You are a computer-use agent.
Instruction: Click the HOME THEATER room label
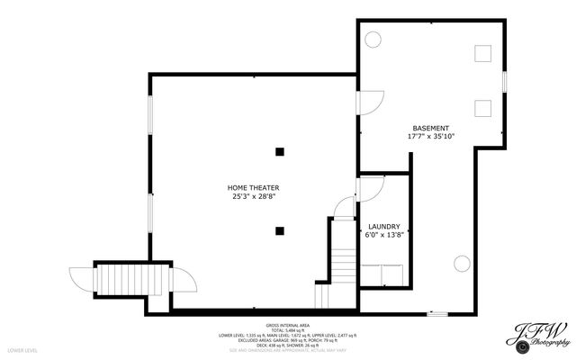tap(252, 187)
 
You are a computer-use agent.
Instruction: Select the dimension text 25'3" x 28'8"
tap(252, 196)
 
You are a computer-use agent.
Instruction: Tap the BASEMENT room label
tap(431, 128)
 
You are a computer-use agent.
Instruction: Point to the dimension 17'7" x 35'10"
tap(431, 137)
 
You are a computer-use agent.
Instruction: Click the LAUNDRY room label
tap(384, 227)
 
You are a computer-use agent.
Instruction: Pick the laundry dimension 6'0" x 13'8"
tap(384, 235)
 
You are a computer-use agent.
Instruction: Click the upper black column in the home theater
tap(281, 150)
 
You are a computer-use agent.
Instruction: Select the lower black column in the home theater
tap(281, 230)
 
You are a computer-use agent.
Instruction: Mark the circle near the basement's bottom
tap(461, 264)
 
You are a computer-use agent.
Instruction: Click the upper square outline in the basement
tap(482, 52)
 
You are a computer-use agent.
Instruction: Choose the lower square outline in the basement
tap(482, 108)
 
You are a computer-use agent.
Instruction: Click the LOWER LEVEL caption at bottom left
tap(22, 348)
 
